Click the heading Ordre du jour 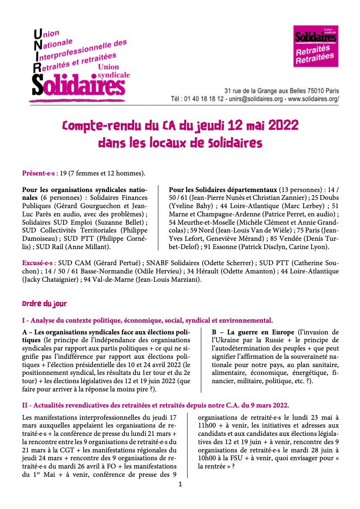coord(44,303)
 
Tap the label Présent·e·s coord(38,174)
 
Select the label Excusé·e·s coord(37,263)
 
